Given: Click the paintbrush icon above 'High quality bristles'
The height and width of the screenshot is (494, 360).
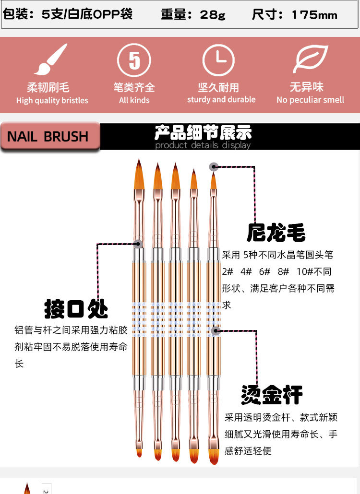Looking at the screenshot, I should (51, 60).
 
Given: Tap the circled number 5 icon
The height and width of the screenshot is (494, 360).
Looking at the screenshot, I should (134, 60).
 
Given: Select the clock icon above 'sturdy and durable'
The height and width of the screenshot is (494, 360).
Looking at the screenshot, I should (219, 60).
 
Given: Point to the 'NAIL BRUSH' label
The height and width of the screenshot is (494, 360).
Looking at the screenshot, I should (48, 137).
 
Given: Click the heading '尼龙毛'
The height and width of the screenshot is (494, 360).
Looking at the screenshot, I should (276, 233).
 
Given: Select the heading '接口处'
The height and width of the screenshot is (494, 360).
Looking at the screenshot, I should (76, 309).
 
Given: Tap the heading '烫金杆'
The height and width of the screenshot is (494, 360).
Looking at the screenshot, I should (272, 394).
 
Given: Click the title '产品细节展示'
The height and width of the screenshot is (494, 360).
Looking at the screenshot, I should (203, 132).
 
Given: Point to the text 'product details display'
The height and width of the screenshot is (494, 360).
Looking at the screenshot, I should (203, 145).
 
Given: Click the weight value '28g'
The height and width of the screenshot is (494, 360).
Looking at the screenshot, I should (213, 15).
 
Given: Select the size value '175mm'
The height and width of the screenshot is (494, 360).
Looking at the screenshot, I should (314, 15).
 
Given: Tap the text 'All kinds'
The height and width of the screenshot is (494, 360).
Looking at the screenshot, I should (134, 100).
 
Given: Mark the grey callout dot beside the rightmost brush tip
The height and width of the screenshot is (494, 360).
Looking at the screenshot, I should (214, 167).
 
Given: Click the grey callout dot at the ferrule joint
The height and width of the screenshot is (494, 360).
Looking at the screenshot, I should (138, 244).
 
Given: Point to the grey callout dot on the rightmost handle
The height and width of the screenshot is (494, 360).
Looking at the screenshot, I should (216, 330).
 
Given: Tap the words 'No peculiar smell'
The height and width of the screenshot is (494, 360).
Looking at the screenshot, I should (310, 100).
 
